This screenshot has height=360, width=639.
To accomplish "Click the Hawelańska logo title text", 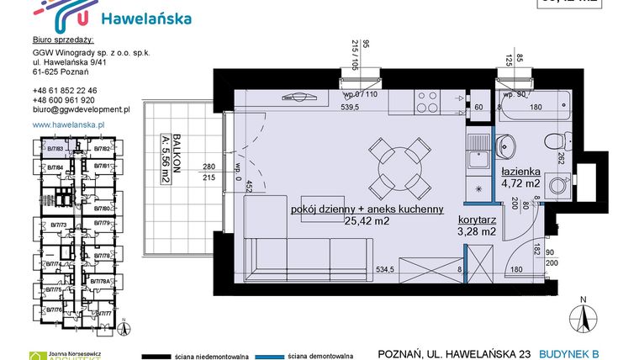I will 145,18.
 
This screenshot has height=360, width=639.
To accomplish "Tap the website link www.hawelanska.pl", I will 67,124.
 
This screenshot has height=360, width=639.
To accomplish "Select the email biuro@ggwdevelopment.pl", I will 81,109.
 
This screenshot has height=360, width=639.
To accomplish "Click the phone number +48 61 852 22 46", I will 65,90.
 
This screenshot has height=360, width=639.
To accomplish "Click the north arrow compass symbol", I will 579,317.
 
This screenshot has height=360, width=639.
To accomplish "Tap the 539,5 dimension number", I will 349,108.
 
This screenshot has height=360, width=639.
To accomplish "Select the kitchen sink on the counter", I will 477,145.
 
